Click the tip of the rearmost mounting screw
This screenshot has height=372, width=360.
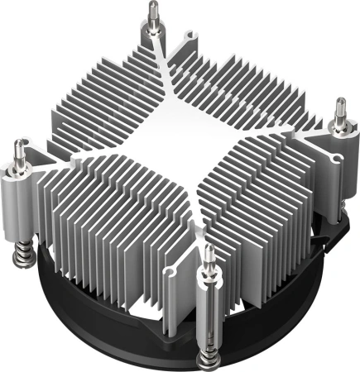pos(154,7)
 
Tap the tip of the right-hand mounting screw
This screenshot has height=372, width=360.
pos(339,102)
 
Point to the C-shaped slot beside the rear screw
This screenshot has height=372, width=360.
pos(186,37)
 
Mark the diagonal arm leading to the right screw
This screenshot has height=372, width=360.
pos(281,124)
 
